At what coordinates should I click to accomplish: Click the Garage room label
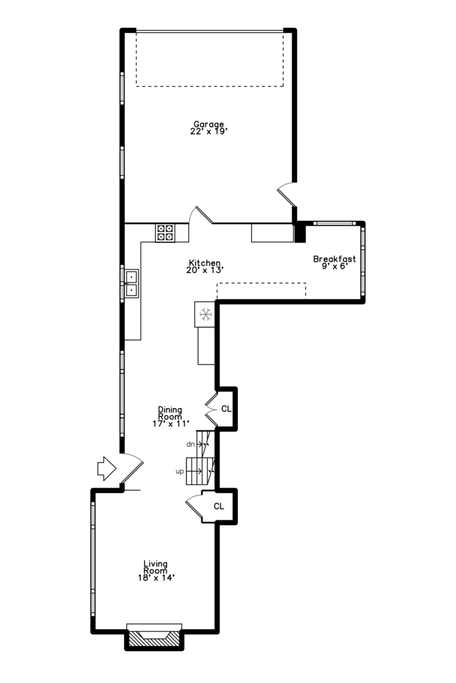tap(208, 125)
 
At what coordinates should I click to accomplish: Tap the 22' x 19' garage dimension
tap(208, 132)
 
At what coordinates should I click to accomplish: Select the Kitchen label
tap(205, 262)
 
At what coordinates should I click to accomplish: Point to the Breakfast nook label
tap(334, 259)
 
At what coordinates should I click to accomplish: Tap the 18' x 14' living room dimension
tap(155, 577)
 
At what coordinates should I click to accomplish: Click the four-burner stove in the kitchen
tap(165, 233)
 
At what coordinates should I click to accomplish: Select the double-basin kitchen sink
tap(132, 283)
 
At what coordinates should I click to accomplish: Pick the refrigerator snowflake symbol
tap(205, 314)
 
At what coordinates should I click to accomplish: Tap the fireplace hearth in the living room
tap(154, 639)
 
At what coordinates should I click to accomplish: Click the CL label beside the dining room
tap(226, 409)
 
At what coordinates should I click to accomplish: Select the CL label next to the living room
tap(219, 506)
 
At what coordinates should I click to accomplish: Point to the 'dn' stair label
tap(190, 444)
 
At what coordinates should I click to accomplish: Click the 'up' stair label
tap(180, 472)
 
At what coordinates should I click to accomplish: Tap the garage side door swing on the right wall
tap(286, 194)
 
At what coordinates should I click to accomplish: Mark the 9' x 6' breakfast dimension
tap(334, 266)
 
